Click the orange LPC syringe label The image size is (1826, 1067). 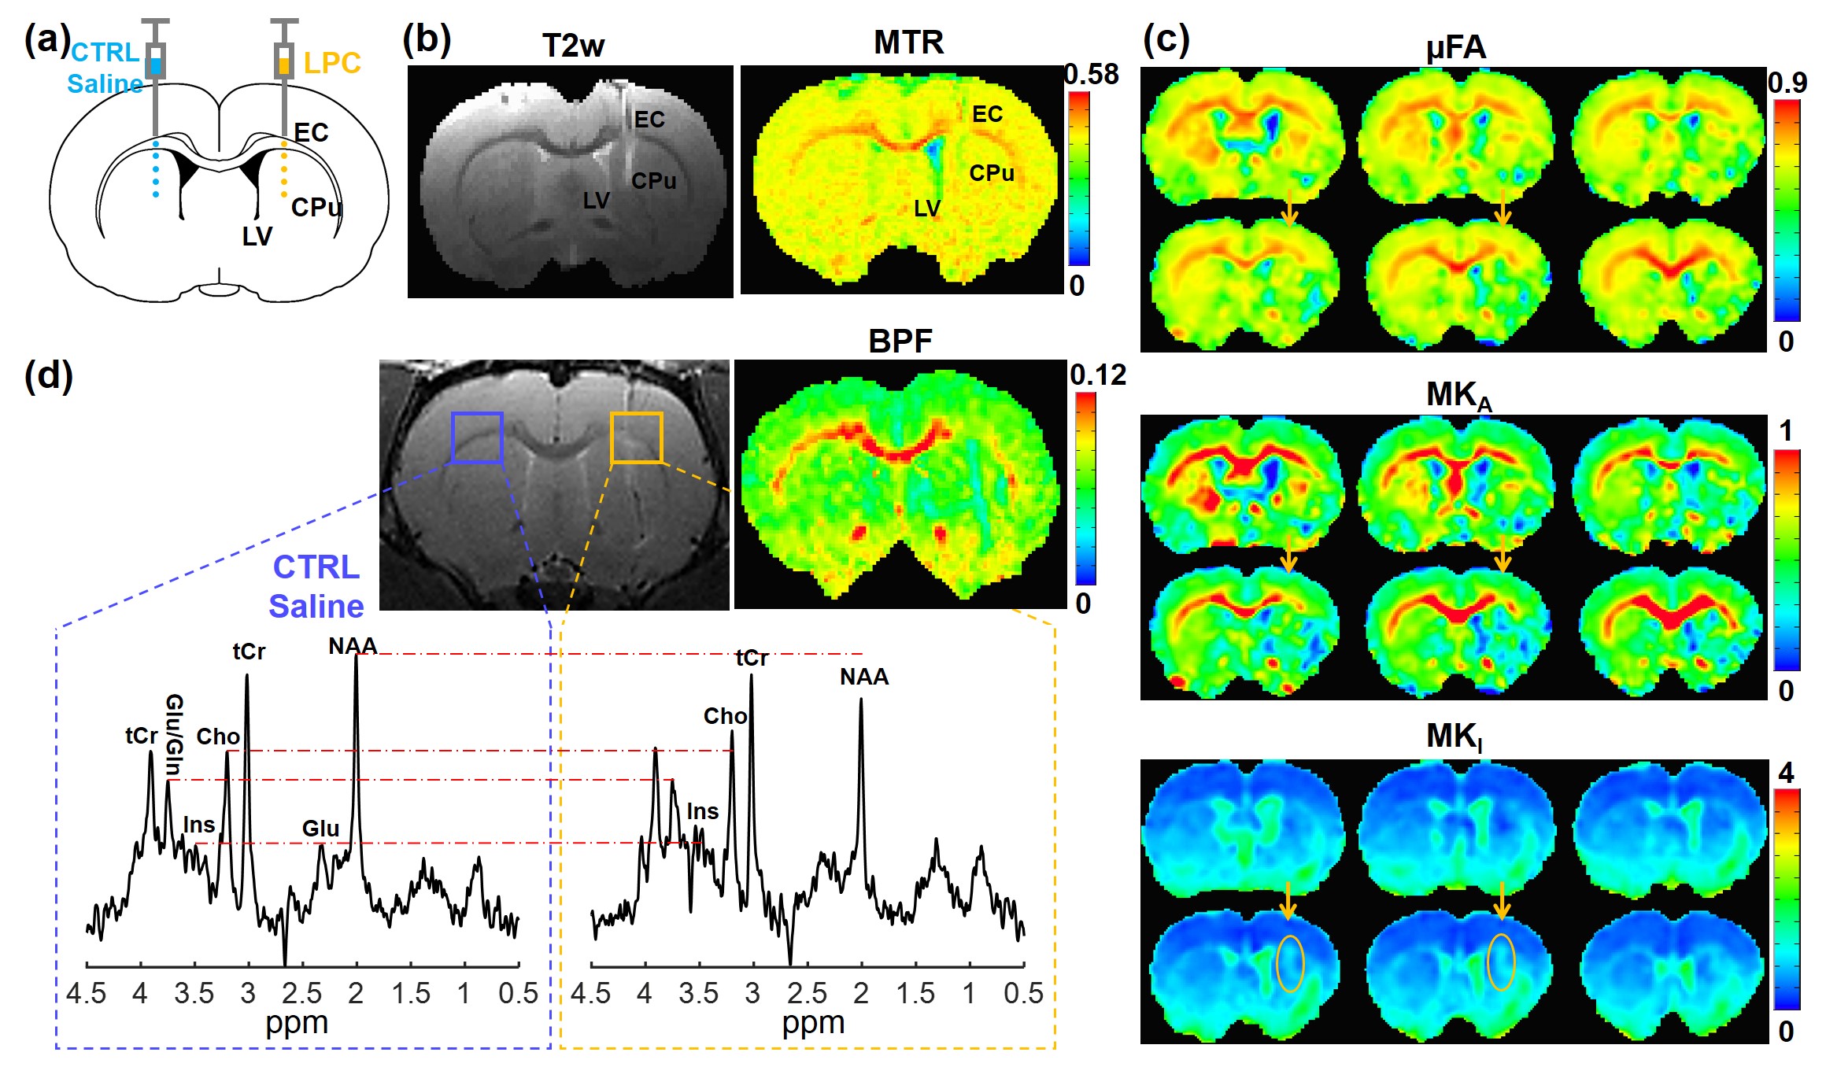tap(332, 63)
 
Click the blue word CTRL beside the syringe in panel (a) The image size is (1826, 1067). tap(105, 53)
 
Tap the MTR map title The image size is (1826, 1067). tap(908, 42)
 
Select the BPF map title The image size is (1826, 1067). tap(900, 342)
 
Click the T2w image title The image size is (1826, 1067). tap(573, 46)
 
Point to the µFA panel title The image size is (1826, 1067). tap(1455, 48)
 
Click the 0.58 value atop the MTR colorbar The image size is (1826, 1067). tap(1091, 75)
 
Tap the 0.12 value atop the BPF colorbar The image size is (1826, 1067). tap(1097, 375)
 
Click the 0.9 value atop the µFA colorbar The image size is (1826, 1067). tap(1787, 83)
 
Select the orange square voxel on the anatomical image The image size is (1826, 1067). tap(636, 438)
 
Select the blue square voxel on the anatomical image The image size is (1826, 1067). tap(477, 438)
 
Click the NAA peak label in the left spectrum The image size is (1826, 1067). tap(353, 646)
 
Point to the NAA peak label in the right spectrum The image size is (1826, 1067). tap(863, 677)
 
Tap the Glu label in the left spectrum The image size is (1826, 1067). tap(320, 829)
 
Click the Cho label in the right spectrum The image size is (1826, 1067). tap(725, 716)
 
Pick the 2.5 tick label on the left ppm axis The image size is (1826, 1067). tap(301, 994)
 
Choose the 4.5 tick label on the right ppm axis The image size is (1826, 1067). tap(590, 994)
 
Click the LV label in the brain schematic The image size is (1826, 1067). tap(257, 236)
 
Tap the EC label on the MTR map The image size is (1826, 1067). tap(987, 115)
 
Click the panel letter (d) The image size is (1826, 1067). tap(49, 375)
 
